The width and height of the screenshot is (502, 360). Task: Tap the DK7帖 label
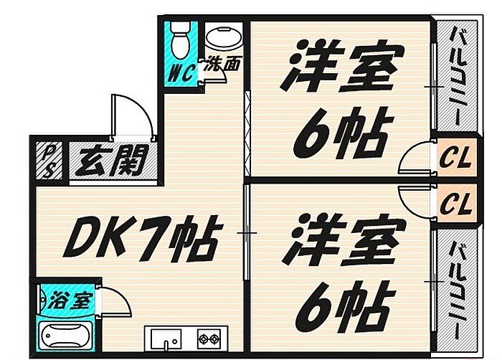[x=139, y=237]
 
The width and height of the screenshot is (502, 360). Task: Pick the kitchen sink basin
[x=166, y=337]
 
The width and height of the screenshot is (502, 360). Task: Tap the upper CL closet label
[x=455, y=158]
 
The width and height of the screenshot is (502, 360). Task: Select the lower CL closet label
[x=455, y=205]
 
